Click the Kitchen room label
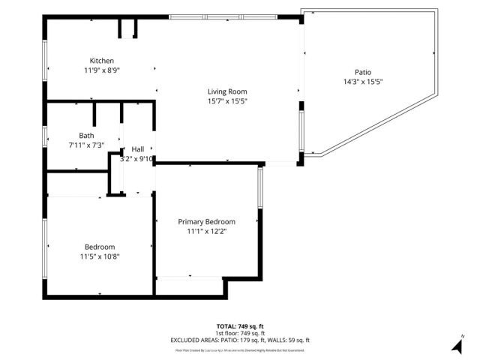tap(102, 61)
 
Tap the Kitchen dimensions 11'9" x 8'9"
tap(102, 70)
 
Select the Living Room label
tap(227, 92)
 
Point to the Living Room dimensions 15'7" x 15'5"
tap(227, 101)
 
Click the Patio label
tap(363, 73)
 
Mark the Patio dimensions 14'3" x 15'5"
tap(363, 82)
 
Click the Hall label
tap(138, 149)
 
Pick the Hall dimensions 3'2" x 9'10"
tap(137, 158)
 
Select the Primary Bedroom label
tap(206, 222)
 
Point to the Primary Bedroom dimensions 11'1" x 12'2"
tap(206, 232)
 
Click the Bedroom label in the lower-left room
tap(100, 247)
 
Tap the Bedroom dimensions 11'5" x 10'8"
tap(100, 256)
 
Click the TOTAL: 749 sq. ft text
tap(240, 326)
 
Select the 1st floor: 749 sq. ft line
tap(240, 333)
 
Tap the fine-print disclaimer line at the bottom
tap(240, 349)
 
